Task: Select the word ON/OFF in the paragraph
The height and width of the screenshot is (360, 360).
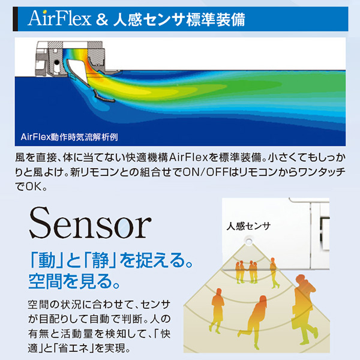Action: click(219, 173)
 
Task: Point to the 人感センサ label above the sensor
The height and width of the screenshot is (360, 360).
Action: click(248, 227)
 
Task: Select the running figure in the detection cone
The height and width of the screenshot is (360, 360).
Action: click(254, 318)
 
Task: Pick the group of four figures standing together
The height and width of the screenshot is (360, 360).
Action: click(247, 272)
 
